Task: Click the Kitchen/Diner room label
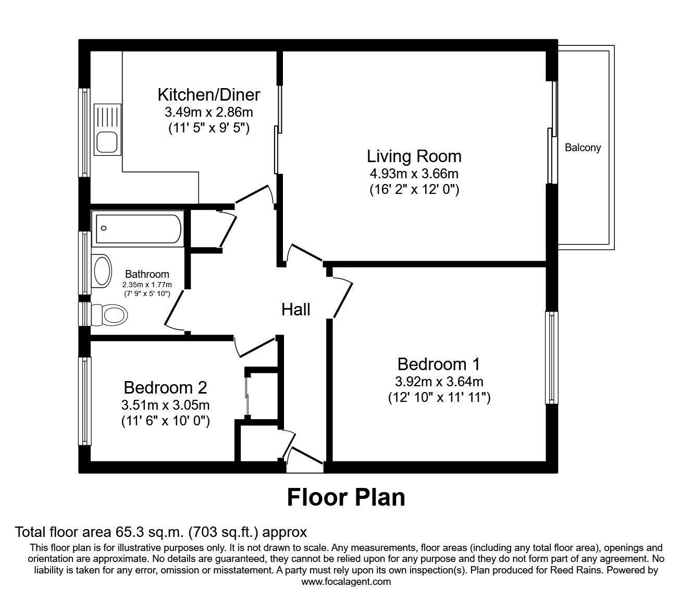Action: [208, 95]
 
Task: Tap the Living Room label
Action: [414, 156]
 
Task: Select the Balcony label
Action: [583, 148]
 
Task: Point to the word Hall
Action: [295, 310]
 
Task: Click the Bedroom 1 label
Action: [439, 363]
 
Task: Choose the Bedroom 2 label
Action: [165, 387]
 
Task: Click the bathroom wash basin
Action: [102, 271]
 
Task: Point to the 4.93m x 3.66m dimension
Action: [414, 174]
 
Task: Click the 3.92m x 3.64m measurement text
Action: [439, 382]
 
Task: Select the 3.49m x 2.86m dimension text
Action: [208, 112]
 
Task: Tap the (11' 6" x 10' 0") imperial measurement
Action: [165, 421]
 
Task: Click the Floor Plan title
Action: [346, 497]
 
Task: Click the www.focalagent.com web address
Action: [346, 581]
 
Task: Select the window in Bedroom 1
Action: [551, 358]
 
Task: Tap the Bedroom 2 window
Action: [84, 400]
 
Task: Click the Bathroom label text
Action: [147, 274]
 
